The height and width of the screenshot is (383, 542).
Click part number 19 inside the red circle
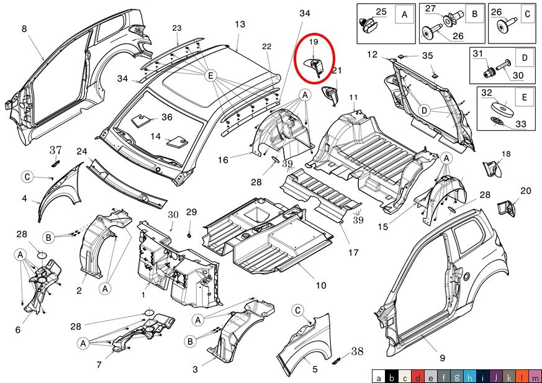tap(314, 42)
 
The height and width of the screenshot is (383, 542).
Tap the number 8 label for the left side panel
tap(24, 29)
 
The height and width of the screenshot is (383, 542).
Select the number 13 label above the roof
tap(240, 24)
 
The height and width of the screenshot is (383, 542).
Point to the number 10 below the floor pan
tap(321, 286)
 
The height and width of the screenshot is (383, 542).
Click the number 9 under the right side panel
tap(442, 358)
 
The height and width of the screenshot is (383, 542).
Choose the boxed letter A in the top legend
tap(405, 14)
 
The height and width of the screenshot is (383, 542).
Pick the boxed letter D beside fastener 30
tap(524, 58)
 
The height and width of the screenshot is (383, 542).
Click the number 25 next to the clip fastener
tap(381, 12)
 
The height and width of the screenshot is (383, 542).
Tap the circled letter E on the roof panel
tap(211, 76)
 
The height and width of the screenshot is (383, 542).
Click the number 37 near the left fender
tap(56, 150)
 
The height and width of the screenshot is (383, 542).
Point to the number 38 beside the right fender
tap(357, 351)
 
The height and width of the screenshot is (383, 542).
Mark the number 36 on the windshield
tap(167, 117)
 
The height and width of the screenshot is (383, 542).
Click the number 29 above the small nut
tap(191, 212)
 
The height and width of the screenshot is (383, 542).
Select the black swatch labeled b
tap(391, 376)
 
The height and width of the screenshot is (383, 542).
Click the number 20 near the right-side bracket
tap(525, 191)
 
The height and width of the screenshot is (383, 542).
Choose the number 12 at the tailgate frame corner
tap(372, 55)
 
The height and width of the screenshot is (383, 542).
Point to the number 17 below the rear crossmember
tap(353, 253)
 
